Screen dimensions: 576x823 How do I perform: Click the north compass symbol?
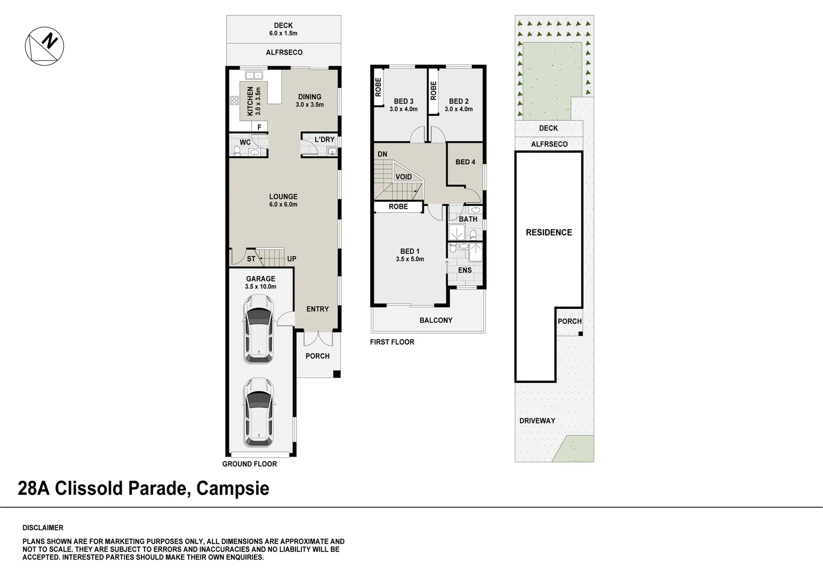[45, 46]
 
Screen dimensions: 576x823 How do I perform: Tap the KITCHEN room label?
[250, 101]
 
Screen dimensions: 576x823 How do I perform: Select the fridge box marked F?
[259, 127]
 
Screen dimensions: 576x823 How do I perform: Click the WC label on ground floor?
[245, 142]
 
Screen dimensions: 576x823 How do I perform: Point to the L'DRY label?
[324, 140]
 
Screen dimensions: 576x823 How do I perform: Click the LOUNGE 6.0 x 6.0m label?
[283, 200]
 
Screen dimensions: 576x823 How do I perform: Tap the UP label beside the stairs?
[292, 259]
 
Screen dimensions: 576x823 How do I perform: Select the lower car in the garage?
[259, 411]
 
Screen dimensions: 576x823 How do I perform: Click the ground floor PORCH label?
[317, 356]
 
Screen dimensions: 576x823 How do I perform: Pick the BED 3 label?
[403, 101]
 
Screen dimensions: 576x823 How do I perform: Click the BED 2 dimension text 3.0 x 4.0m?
[459, 109]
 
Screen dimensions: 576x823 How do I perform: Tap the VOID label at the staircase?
[403, 177]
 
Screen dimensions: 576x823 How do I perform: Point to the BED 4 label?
[465, 162]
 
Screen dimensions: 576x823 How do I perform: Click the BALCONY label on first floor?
[436, 321]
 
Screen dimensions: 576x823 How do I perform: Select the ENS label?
[465, 270]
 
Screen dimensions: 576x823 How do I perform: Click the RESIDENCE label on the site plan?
[548, 233]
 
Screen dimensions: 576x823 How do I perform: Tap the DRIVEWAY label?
[537, 421]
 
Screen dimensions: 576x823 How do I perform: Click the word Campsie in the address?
[233, 489]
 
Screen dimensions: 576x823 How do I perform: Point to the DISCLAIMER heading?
[43, 528]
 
